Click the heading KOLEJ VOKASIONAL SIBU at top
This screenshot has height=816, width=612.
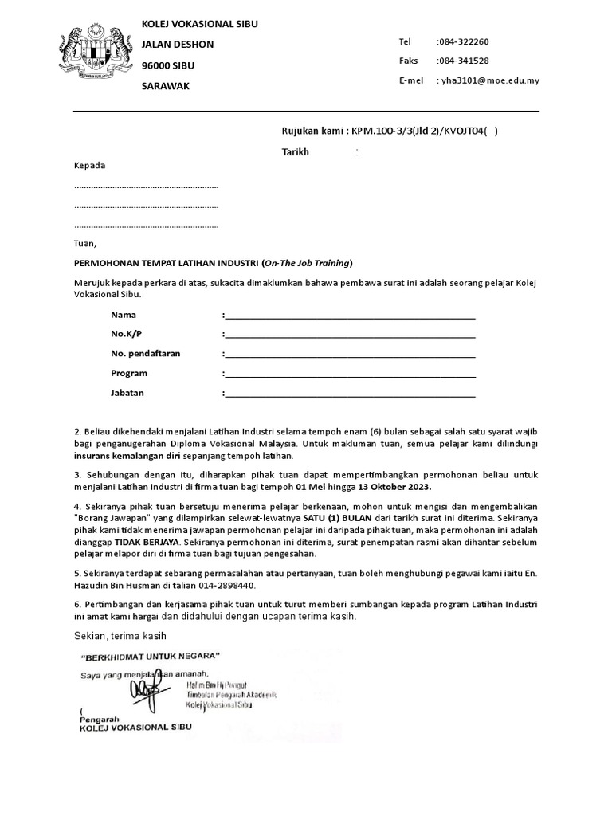pyautogui.click(x=199, y=25)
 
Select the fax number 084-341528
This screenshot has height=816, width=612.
pyautogui.click(x=463, y=61)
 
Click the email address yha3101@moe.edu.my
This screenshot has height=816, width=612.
pyautogui.click(x=488, y=80)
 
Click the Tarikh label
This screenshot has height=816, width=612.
pyautogui.click(x=295, y=151)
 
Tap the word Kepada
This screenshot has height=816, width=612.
pyautogui.click(x=89, y=166)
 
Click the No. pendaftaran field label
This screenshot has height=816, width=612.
pyautogui.click(x=146, y=354)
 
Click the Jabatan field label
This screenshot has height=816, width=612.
pyautogui.click(x=127, y=393)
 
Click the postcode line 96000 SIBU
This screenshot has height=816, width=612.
pyautogui.click(x=167, y=65)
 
